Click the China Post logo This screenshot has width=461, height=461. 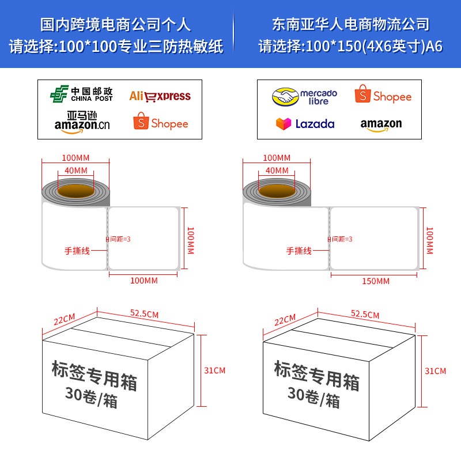pyautogui.click(x=81, y=95)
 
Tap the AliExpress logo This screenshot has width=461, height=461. pyautogui.click(x=160, y=96)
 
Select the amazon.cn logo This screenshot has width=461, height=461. pyautogui.click(x=81, y=123)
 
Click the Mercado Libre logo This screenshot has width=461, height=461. pyautogui.click(x=305, y=96)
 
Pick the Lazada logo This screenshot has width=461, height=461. pyautogui.click(x=305, y=123)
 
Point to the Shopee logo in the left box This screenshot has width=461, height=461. pyautogui.click(x=161, y=123)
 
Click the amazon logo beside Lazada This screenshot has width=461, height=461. pyautogui.click(x=381, y=124)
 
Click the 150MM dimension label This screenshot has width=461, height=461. pyautogui.click(x=375, y=281)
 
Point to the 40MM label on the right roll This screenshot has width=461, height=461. pyautogui.click(x=277, y=170)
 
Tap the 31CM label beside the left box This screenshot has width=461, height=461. pyautogui.click(x=215, y=371)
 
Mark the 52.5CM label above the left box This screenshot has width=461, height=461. pyautogui.click(x=145, y=313)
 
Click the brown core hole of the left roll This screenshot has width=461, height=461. pyautogui.click(x=76, y=191)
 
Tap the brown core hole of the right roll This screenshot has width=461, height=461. pyautogui.click(x=277, y=191)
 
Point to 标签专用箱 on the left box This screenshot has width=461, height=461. pyautogui.click(x=94, y=375)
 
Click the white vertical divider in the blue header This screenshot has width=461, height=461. pyautogui.click(x=233, y=35)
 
